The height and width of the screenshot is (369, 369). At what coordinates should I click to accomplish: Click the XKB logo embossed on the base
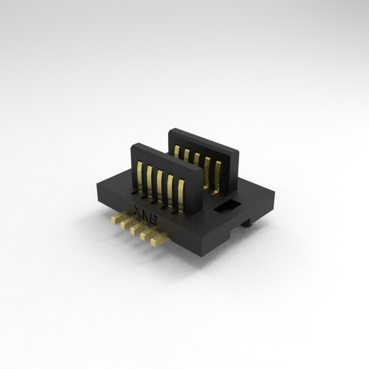tap(145, 215)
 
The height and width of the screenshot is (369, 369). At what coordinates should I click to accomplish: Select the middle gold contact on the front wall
tap(160, 185)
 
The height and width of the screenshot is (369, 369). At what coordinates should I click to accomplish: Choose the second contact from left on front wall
tap(150, 180)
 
